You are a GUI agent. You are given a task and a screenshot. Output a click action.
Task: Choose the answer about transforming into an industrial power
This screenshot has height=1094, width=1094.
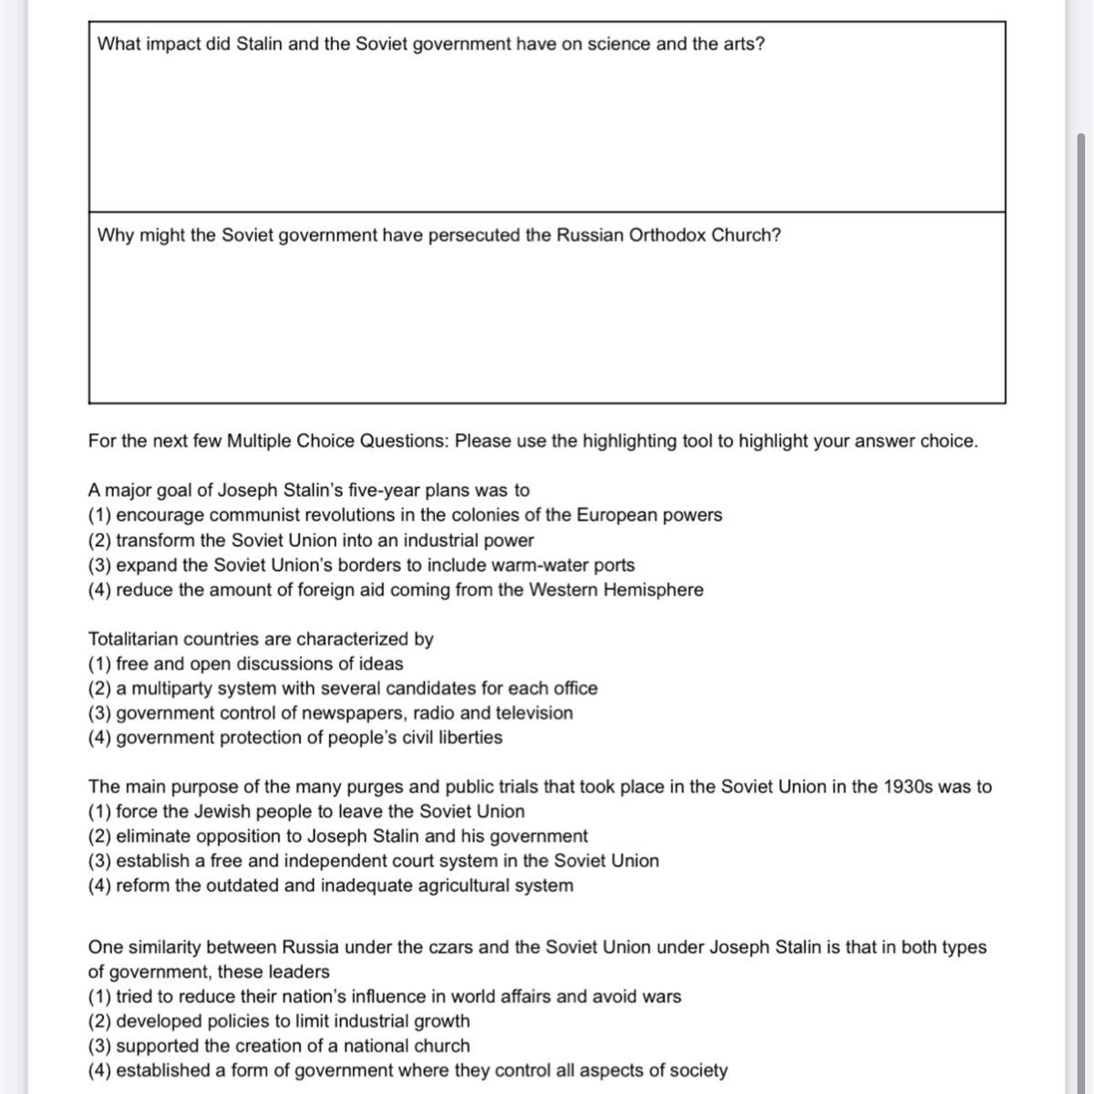click(x=311, y=540)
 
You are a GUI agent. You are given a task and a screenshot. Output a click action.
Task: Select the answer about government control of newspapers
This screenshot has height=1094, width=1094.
click(x=330, y=713)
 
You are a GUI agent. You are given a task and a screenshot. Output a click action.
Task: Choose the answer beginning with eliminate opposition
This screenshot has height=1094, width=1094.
click(x=337, y=836)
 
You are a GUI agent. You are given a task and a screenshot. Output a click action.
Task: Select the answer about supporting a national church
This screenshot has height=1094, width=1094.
click(x=279, y=1046)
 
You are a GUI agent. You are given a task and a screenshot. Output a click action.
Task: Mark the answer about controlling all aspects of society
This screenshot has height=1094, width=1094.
click(x=408, y=1070)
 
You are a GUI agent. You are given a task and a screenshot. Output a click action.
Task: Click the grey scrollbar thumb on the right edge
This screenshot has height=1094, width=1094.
click(x=1081, y=547)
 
